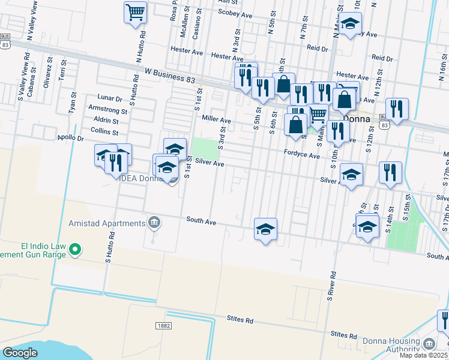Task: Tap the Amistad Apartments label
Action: [113, 223]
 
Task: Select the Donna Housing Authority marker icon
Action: [429, 344]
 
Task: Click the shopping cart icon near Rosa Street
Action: [136, 12]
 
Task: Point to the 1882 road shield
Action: [163, 325]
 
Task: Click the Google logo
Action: [20, 353]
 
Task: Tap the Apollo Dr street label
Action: [71, 138]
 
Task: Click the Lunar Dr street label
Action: [110, 97]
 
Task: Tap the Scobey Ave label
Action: [236, 12]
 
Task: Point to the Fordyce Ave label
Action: [302, 155]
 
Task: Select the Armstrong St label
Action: [107, 111]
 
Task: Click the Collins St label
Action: [105, 132]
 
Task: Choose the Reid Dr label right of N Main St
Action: [382, 58]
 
